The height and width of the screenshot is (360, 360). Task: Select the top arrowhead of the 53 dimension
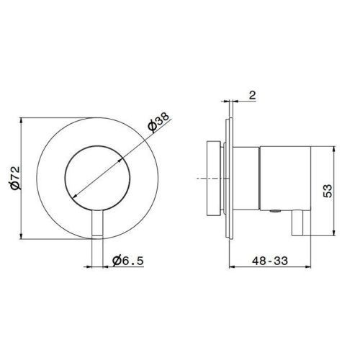tap(333, 147)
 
